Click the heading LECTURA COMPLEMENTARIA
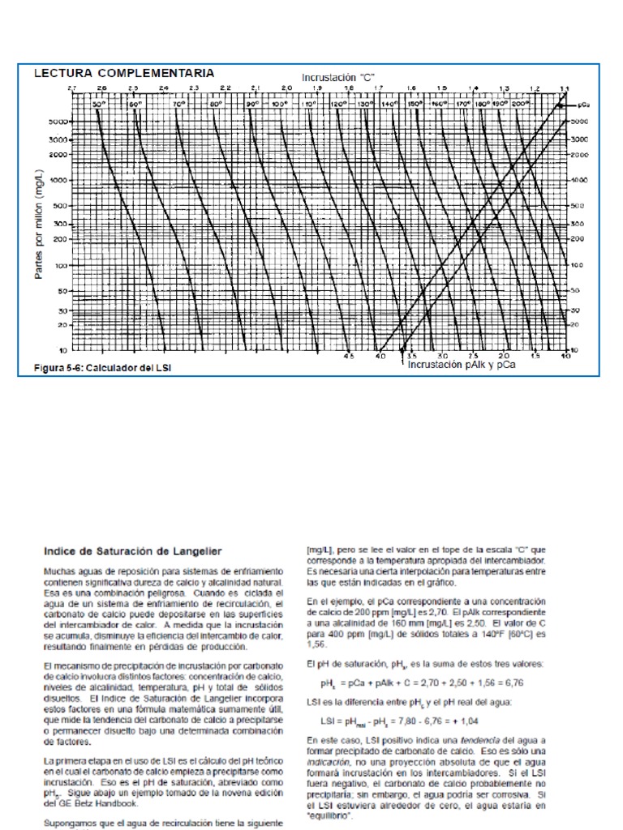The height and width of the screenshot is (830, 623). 123,73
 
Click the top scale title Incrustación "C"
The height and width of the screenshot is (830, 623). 338,76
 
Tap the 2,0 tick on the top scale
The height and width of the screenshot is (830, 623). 286,88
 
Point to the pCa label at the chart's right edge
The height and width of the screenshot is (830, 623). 584,106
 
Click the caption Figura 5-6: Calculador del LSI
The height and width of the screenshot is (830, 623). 102,367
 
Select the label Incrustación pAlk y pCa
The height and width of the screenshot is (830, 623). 462,365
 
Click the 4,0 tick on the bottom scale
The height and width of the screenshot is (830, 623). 380,357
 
